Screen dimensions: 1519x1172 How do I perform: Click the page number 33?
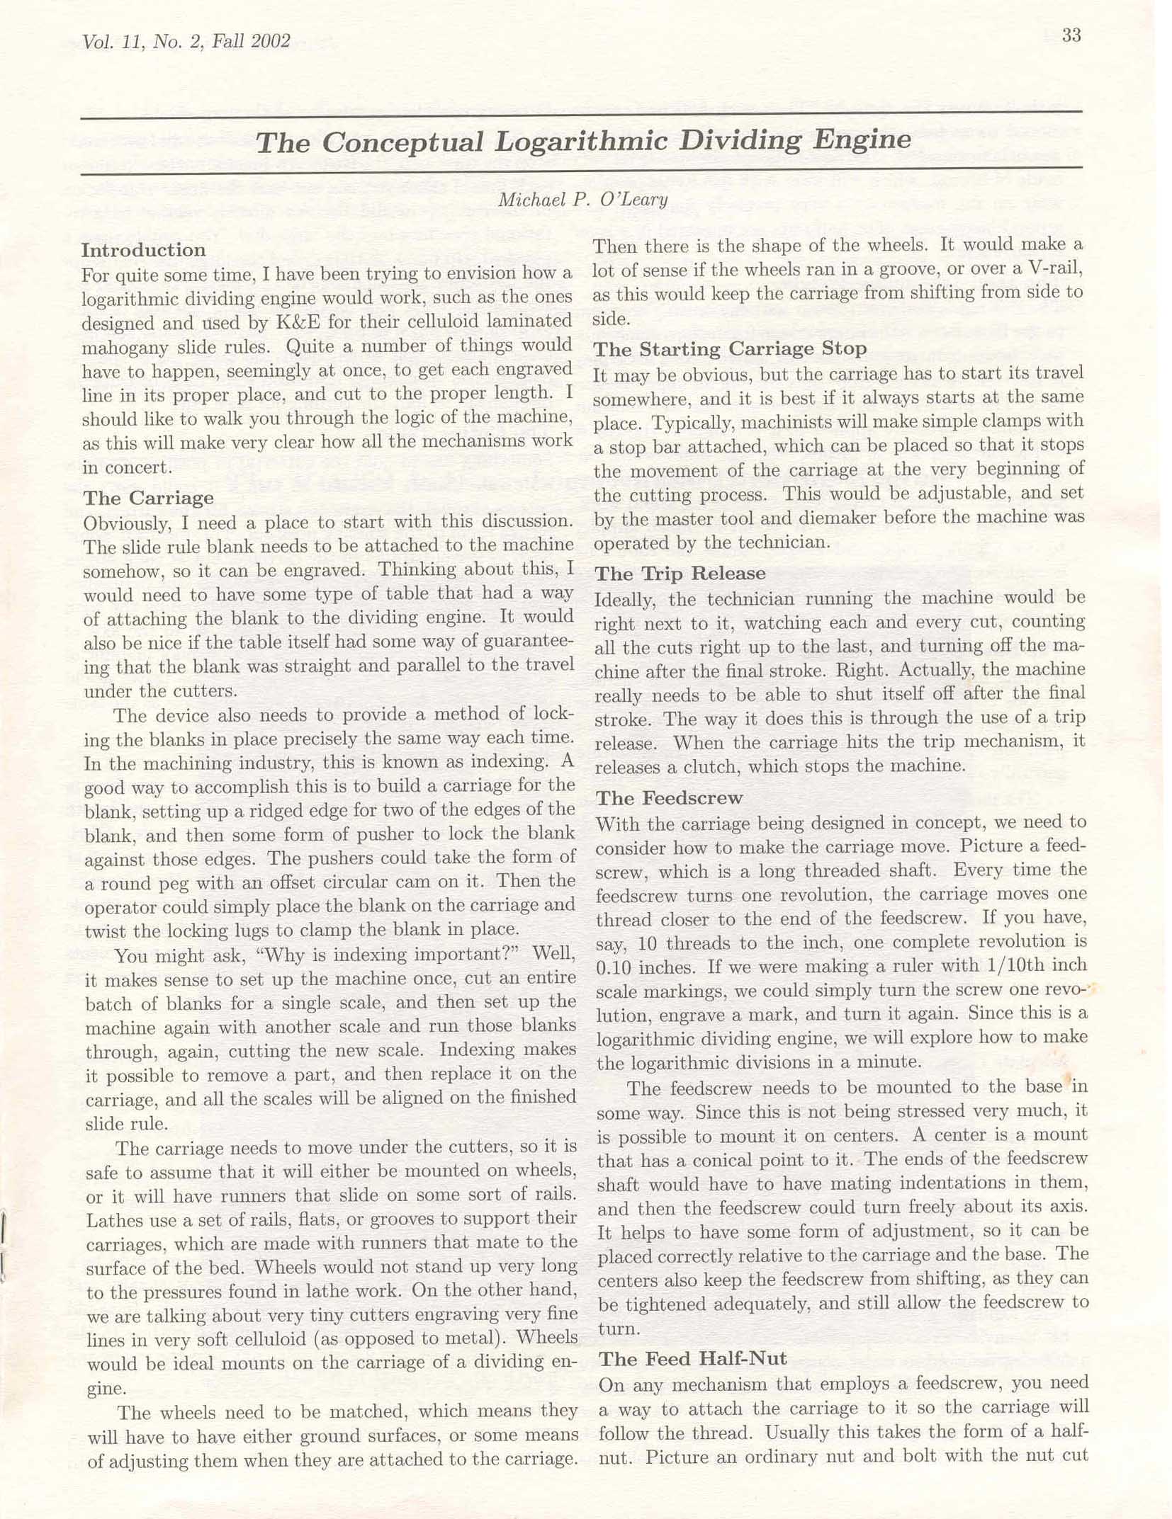(1071, 35)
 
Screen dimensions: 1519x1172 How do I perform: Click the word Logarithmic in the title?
(582, 141)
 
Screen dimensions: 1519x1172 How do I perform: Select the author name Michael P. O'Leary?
(582, 200)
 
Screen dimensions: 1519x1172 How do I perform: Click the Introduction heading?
(143, 250)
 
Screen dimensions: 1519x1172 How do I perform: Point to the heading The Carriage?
(148, 498)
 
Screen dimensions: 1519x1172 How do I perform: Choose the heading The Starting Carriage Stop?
(730, 349)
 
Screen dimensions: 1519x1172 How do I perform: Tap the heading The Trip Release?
(680, 573)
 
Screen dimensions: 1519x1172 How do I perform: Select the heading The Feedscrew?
(669, 798)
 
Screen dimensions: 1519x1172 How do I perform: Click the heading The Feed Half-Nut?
(692, 1358)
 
